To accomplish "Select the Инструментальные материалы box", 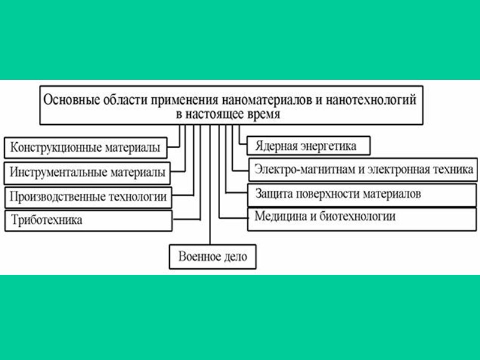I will coord(86,172).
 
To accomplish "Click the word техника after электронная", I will coord(454,169).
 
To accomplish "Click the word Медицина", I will coord(279,217).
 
